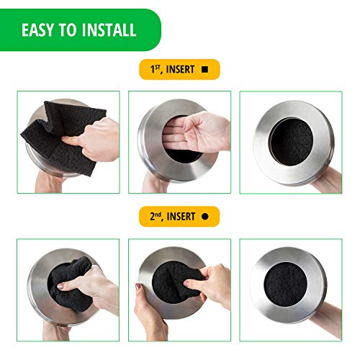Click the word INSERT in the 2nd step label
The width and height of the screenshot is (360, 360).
tap(179, 216)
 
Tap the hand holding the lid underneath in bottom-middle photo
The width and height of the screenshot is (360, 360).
tap(148, 320)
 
